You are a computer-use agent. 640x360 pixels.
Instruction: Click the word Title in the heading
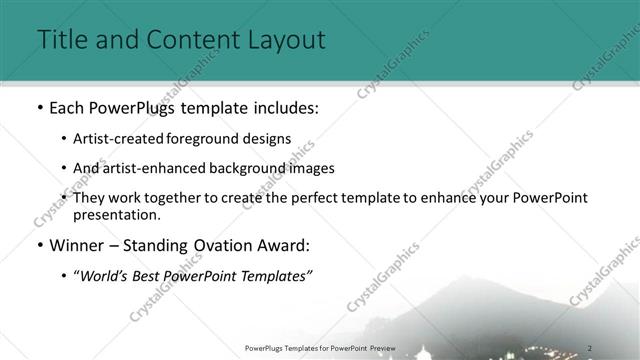(x=59, y=40)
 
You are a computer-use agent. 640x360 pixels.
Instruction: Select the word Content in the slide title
(x=187, y=40)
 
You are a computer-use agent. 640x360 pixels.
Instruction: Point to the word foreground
(x=216, y=138)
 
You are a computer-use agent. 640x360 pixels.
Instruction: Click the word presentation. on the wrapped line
(x=116, y=214)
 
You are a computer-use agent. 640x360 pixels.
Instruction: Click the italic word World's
(x=109, y=277)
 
